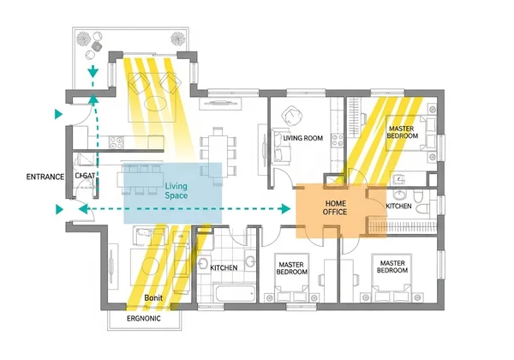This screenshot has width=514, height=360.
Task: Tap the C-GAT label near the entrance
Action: tap(84, 176)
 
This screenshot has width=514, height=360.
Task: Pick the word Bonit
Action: tap(153, 297)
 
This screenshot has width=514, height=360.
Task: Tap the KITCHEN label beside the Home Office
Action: tap(399, 207)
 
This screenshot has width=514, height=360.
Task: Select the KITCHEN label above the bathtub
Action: tap(224, 268)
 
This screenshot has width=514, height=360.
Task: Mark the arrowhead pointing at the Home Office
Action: tap(284, 209)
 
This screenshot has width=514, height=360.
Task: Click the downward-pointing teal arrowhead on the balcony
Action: tap(94, 75)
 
